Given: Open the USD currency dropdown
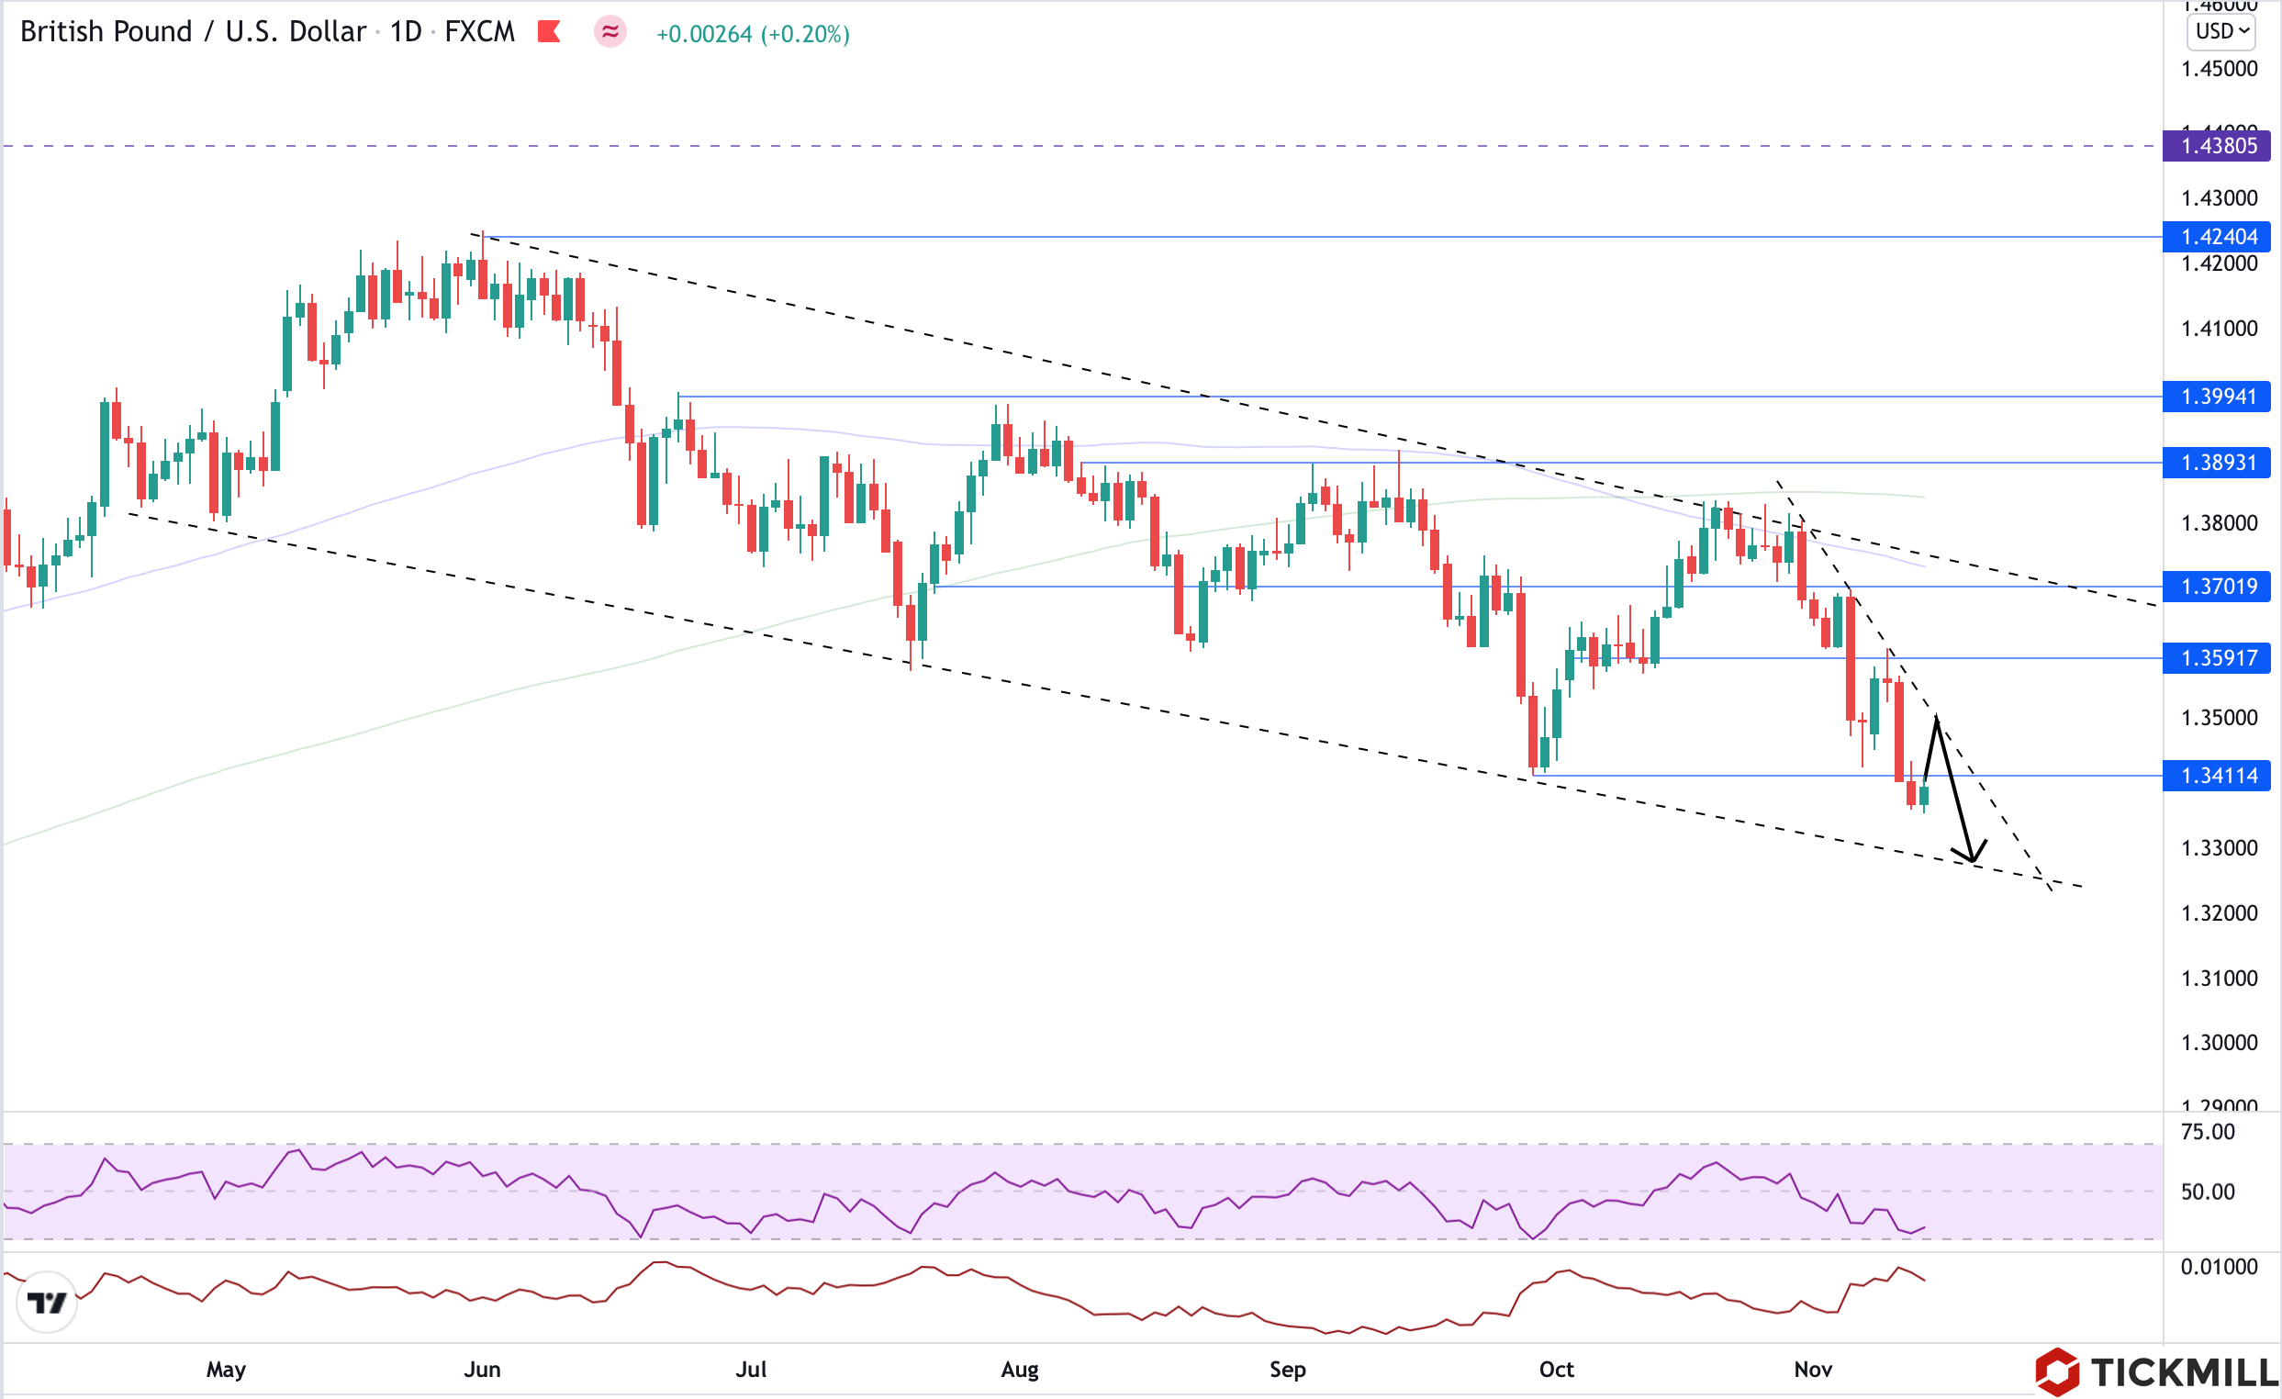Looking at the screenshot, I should [x=2220, y=31].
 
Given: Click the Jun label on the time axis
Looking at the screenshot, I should [x=482, y=1370].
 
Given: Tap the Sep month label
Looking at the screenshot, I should [x=1286, y=1370].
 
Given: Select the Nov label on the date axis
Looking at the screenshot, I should [x=1812, y=1370].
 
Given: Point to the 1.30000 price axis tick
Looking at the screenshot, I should [x=2219, y=1044].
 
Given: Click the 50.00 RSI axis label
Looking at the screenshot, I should [x=2207, y=1192].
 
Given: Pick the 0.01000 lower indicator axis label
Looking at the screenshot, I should [x=2218, y=1268].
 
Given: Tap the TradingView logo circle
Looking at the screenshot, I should [x=46, y=1303].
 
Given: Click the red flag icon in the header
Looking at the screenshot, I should [x=549, y=32].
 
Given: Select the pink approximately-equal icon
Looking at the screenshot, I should [x=610, y=32].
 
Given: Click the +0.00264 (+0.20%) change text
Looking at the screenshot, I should [x=752, y=34].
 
